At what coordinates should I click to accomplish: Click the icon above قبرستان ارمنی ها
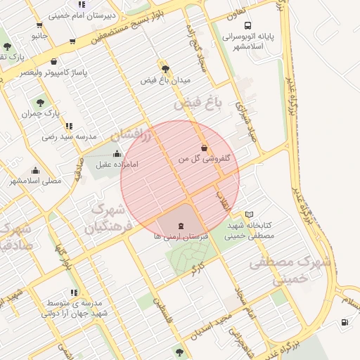pyautogui.click(x=181, y=226)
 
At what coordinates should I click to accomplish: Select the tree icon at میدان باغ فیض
pyautogui.click(x=165, y=68)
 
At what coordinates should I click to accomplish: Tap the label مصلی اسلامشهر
pyautogui.click(x=36, y=181)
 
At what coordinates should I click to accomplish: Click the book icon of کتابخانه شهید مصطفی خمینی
pyautogui.click(x=250, y=214)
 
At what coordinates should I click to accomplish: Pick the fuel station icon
pyautogui.click(x=345, y=323)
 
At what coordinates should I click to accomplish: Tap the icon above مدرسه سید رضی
pyautogui.click(x=69, y=126)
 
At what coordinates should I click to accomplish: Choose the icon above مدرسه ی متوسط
pyautogui.click(x=74, y=292)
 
